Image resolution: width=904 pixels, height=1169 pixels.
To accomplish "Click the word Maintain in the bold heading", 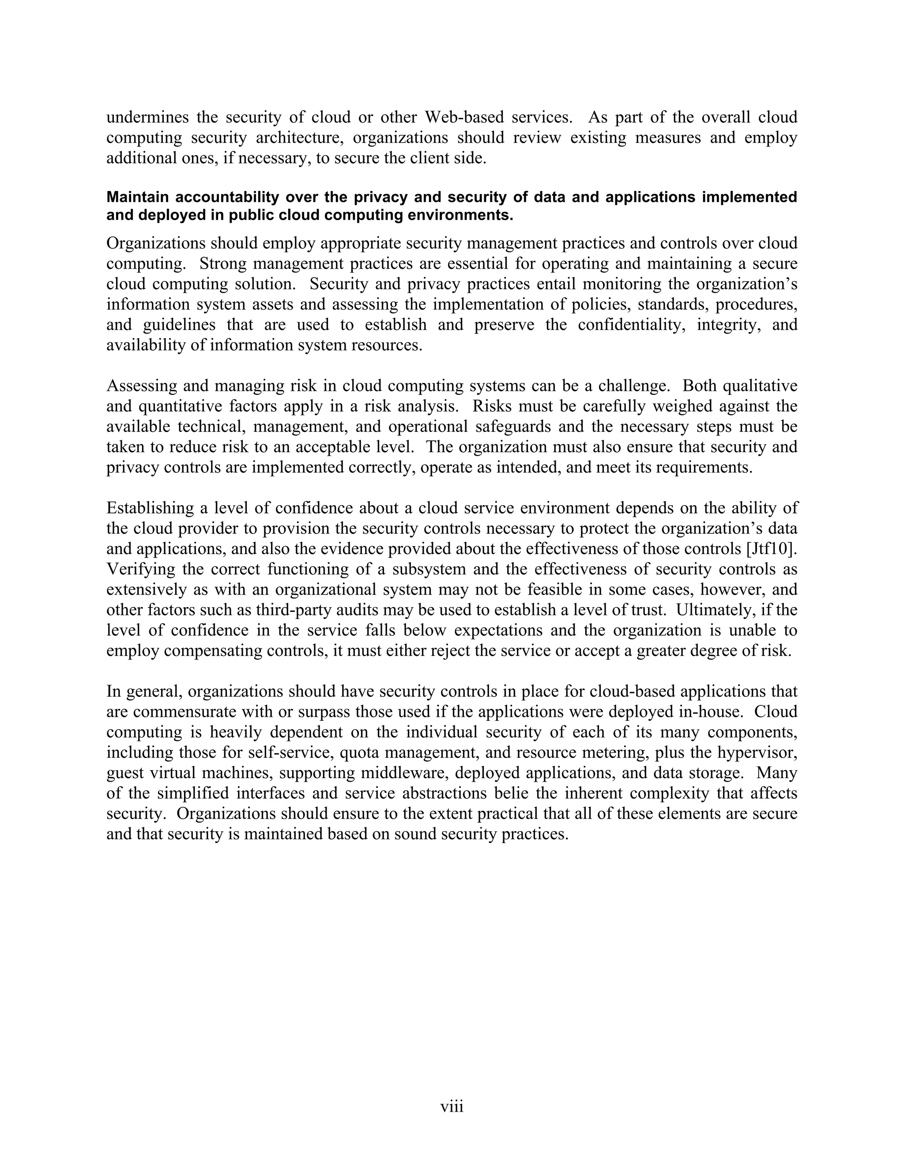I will (138, 197).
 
